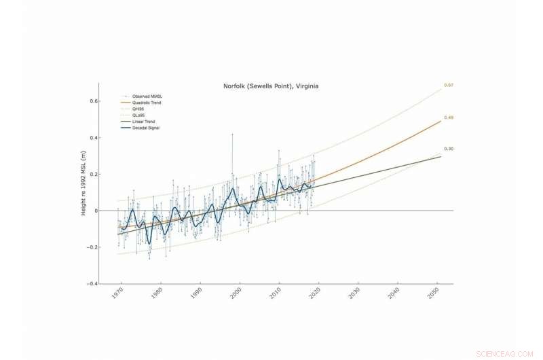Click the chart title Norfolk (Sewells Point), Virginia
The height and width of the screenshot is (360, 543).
[x=271, y=86]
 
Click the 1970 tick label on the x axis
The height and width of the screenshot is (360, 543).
[x=117, y=295]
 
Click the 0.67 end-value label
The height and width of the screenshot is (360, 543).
[x=449, y=85]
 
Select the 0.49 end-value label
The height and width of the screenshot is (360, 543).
[x=449, y=118]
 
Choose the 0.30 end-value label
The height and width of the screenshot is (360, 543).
[x=449, y=149]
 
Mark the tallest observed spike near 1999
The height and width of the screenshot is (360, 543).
[x=232, y=134]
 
